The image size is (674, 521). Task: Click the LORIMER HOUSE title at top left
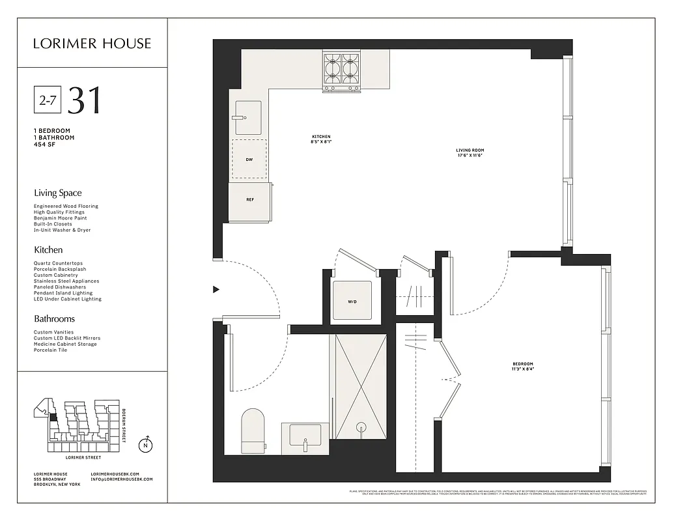pos(92,44)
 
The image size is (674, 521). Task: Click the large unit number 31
pos(85,100)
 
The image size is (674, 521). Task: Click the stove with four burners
pos(341,70)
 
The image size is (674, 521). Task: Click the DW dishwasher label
pos(249,159)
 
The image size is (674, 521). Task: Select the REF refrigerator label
pos(249,199)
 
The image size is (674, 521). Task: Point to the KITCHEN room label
pos(321,137)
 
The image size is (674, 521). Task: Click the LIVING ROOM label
pos(470,150)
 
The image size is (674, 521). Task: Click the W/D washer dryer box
pos(352,301)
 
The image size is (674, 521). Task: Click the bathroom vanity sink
pos(305,435)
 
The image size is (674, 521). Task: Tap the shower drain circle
pos(361,427)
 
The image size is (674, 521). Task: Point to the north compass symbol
pos(147,445)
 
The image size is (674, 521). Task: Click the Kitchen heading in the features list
pos(48,249)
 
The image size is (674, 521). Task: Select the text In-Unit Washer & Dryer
pos(62,230)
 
